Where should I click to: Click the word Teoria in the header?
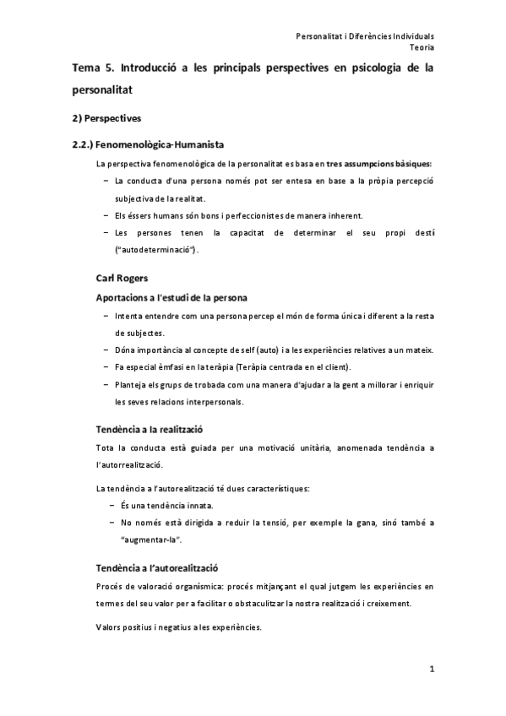(421, 48)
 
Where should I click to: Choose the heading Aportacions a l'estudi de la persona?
(171, 298)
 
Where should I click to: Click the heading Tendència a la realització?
(149, 429)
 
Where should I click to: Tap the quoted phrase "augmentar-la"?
(152, 540)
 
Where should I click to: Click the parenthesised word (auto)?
(259, 350)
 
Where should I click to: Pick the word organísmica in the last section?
(193, 586)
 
